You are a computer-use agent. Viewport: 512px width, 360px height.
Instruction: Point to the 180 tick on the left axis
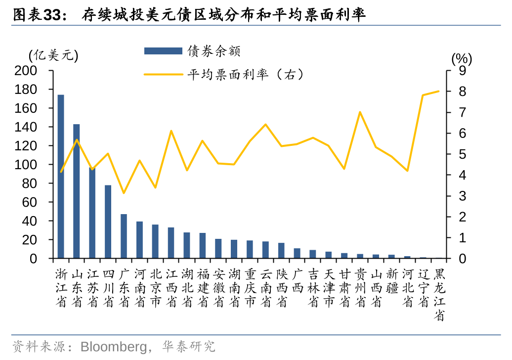(40, 90)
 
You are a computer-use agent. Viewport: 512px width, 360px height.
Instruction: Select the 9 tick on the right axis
(463, 71)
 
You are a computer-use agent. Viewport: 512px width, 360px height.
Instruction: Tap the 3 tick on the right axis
(463, 196)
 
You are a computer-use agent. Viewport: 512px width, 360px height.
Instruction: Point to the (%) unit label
(462, 59)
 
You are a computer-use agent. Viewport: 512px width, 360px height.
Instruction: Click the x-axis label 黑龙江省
(439, 295)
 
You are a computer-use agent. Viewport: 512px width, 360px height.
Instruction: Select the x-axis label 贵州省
(360, 288)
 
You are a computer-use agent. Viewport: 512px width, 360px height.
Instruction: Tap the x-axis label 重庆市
(250, 288)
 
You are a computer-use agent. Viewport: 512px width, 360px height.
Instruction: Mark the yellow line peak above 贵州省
(360, 112)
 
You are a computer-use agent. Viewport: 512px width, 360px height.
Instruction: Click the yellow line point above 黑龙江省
(439, 91)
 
